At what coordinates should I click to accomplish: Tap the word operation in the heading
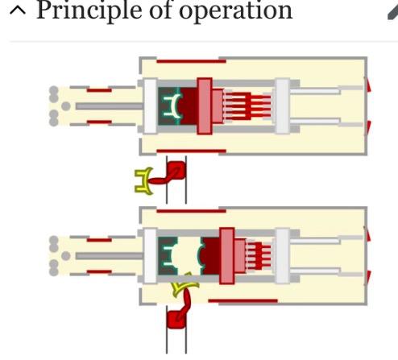(x=235, y=11)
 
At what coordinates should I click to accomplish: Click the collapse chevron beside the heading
(x=18, y=10)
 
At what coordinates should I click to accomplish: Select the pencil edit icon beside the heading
(x=393, y=12)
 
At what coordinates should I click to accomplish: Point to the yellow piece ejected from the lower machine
(x=184, y=286)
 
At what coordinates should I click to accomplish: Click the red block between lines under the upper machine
(x=176, y=170)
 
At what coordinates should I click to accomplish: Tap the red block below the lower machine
(x=176, y=320)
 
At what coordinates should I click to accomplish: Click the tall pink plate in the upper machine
(x=205, y=106)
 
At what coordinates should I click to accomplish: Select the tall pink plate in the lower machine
(x=227, y=256)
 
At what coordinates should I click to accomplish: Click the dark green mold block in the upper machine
(x=168, y=106)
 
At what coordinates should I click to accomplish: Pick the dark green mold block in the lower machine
(x=167, y=256)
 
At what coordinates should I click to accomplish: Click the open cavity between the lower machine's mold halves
(x=188, y=256)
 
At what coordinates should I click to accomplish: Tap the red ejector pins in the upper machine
(x=248, y=106)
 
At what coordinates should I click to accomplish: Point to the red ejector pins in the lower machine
(x=259, y=256)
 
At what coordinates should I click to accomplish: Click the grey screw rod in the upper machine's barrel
(x=109, y=106)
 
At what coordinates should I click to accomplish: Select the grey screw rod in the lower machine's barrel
(x=109, y=256)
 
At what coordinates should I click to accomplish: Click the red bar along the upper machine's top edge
(x=191, y=61)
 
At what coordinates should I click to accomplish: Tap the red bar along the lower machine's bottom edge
(x=243, y=301)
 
